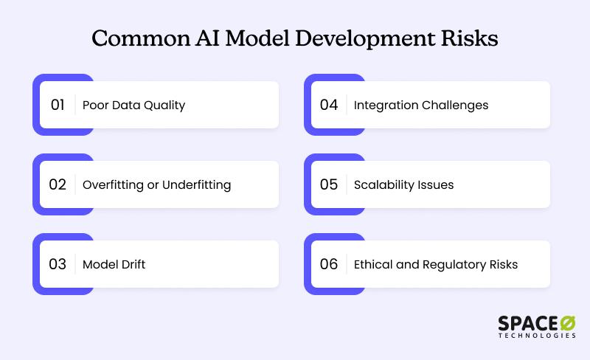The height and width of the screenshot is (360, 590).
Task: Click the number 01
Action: pos(58,105)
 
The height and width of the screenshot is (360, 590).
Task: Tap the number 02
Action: pos(58,184)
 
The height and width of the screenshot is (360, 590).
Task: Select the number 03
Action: pos(58,264)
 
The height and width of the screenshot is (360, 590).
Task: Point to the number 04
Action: pos(329,105)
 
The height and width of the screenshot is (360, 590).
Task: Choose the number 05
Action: pos(329,184)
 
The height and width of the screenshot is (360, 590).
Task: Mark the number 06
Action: pos(329,264)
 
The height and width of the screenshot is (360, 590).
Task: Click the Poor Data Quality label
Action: pos(133,105)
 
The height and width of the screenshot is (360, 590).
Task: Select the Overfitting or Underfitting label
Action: pos(156,184)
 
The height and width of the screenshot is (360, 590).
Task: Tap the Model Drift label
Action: pos(114,264)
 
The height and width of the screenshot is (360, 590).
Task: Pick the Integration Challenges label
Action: pos(420,105)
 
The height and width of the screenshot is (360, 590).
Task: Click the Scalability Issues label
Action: pos(403,184)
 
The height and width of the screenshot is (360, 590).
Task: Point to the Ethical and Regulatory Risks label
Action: pos(435,264)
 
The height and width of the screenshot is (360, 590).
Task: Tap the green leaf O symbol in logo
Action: pos(568,323)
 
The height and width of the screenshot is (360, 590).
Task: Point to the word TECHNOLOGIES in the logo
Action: pos(537,336)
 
